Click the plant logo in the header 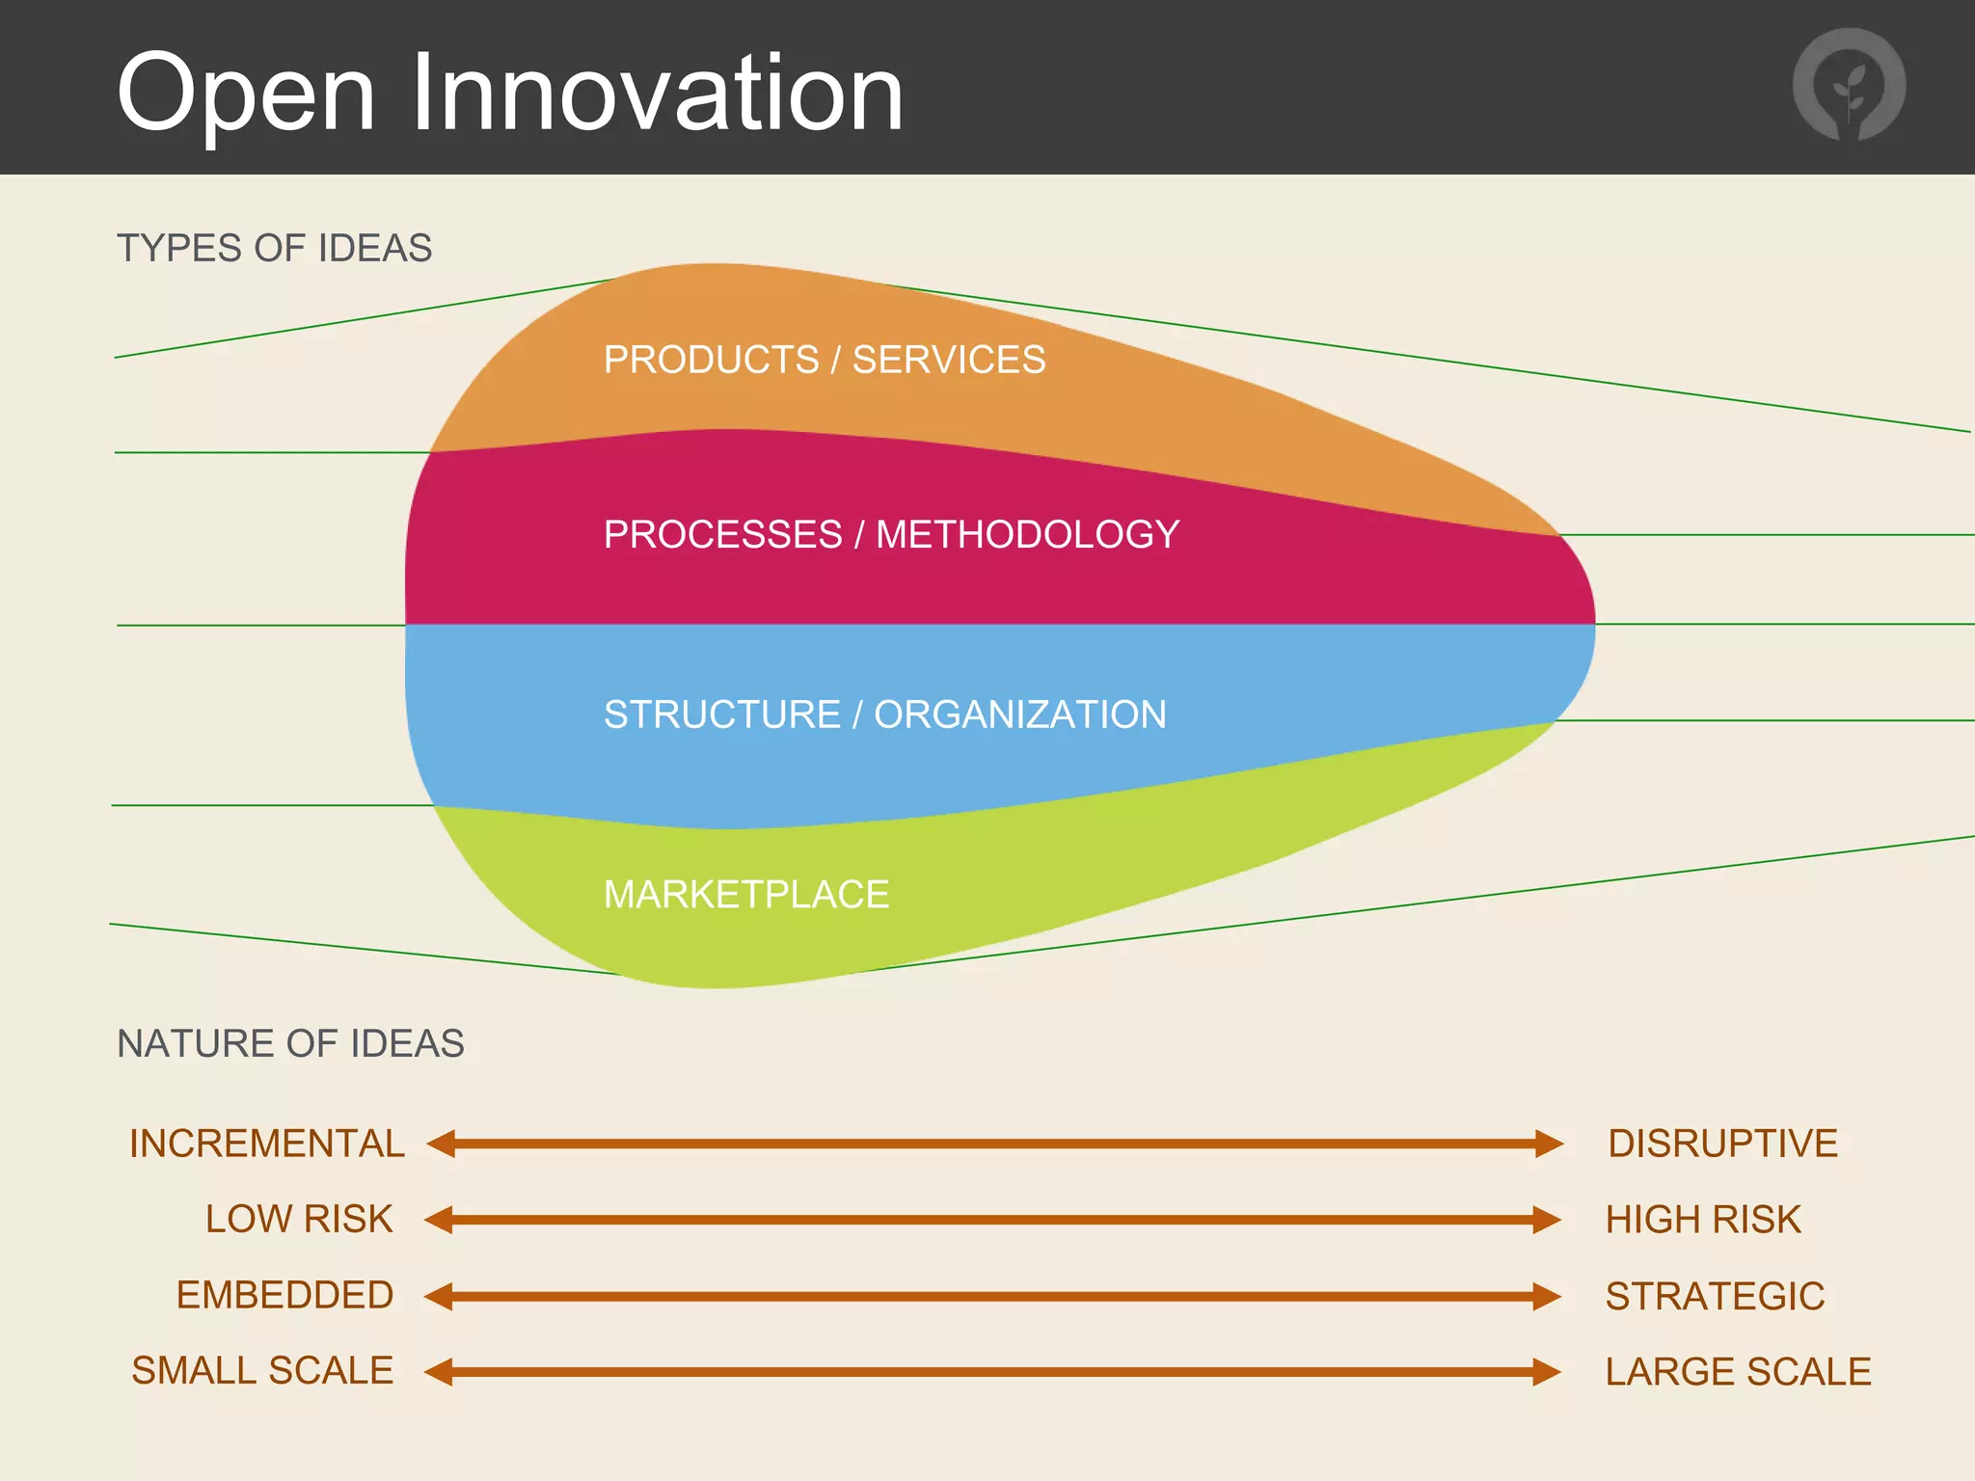[x=1849, y=85]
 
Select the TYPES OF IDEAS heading [x=274, y=249]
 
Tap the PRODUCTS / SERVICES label [x=824, y=360]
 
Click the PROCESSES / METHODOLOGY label [x=891, y=534]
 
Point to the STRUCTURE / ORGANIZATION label [x=884, y=714]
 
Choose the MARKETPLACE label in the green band [x=745, y=895]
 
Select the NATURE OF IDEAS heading [x=290, y=1044]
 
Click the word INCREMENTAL [x=267, y=1144]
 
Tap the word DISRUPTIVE [x=1722, y=1144]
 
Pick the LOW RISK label [x=299, y=1219]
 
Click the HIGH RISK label [x=1703, y=1220]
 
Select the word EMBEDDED [x=284, y=1295]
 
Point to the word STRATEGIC [x=1715, y=1296]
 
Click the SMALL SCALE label [x=262, y=1370]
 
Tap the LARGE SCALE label [x=1738, y=1371]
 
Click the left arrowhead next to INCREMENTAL [x=441, y=1144]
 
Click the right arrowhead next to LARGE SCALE [x=1547, y=1371]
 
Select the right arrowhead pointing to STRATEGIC [x=1547, y=1296]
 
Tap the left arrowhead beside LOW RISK [x=439, y=1220]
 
